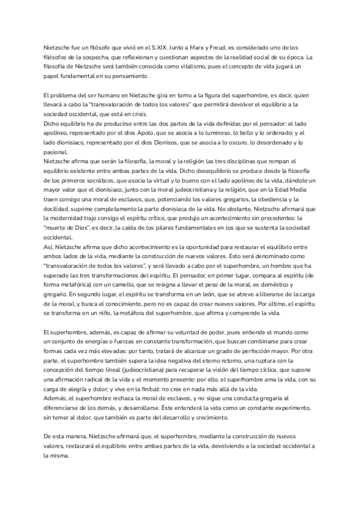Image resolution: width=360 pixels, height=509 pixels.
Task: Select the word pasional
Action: [56, 152]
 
